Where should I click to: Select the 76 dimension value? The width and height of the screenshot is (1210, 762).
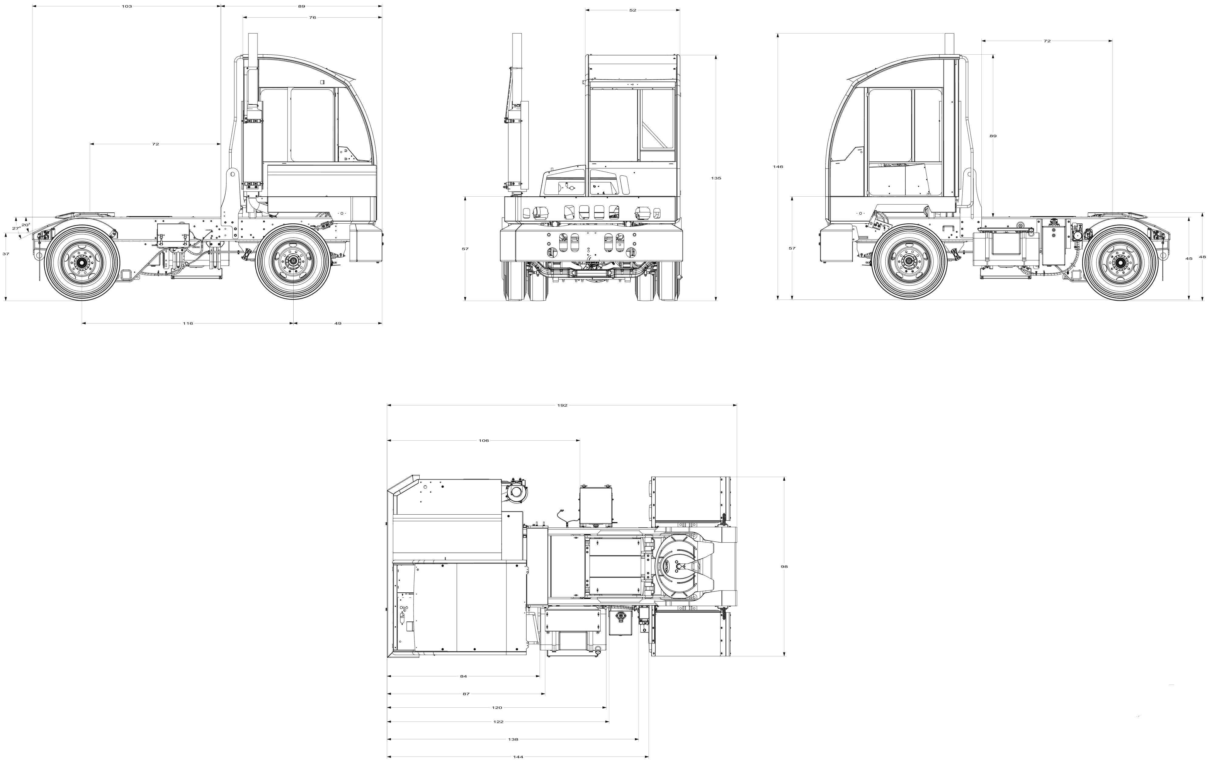pos(312,18)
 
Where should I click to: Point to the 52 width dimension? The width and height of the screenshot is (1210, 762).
pos(633,10)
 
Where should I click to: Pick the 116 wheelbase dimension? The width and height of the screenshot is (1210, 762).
pos(188,323)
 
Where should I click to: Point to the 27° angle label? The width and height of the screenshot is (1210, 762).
pos(17,229)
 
